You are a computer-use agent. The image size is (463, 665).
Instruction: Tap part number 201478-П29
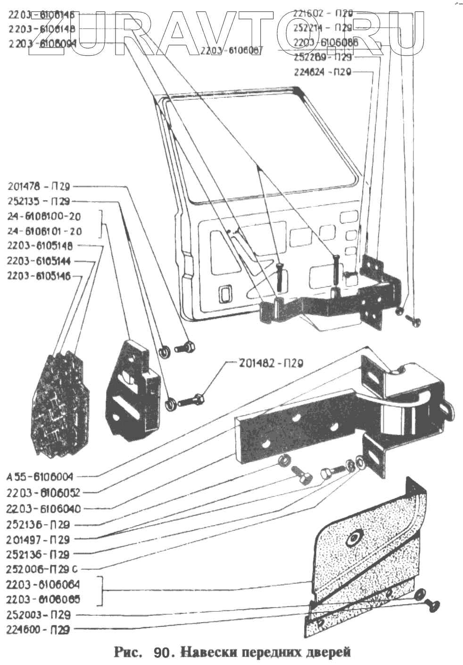pos(39,187)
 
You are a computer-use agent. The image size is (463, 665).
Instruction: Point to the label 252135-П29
pos(39,202)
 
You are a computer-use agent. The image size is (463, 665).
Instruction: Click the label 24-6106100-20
pos(44,217)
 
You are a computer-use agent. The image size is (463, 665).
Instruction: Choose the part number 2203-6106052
pos(43,493)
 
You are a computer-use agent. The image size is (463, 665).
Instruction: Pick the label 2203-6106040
pos(43,509)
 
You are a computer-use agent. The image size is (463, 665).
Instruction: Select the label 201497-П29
pos(39,539)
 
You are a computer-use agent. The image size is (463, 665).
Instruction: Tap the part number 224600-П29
pos(39,630)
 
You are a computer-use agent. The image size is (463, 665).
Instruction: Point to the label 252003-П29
pos(39,615)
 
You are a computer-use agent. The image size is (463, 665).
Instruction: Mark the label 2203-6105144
pos(44,261)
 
